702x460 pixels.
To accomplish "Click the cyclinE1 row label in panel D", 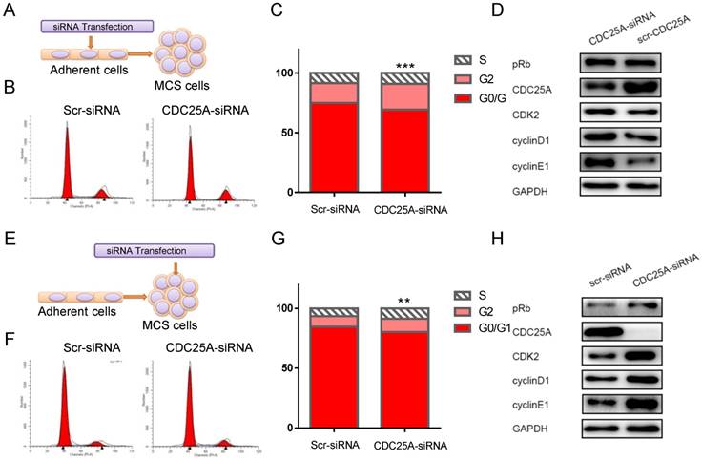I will click(545, 165).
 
